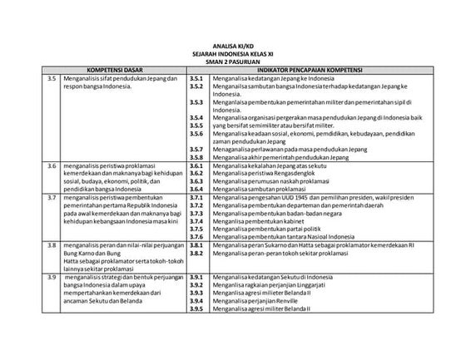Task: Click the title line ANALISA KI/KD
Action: click(x=232, y=47)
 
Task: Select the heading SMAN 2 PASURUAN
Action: click(x=232, y=62)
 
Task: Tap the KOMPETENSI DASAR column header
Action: click(x=114, y=70)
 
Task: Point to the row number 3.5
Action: click(x=52, y=78)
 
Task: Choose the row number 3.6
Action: click(x=52, y=166)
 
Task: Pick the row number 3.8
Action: click(x=52, y=246)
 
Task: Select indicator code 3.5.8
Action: click(x=197, y=157)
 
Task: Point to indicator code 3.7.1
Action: click(x=197, y=199)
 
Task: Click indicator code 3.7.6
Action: click(x=197, y=237)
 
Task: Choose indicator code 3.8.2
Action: click(x=197, y=254)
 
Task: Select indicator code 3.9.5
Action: click(x=197, y=308)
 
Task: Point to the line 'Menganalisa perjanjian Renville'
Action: click(x=261, y=300)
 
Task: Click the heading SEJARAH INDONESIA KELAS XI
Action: click(x=232, y=54)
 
